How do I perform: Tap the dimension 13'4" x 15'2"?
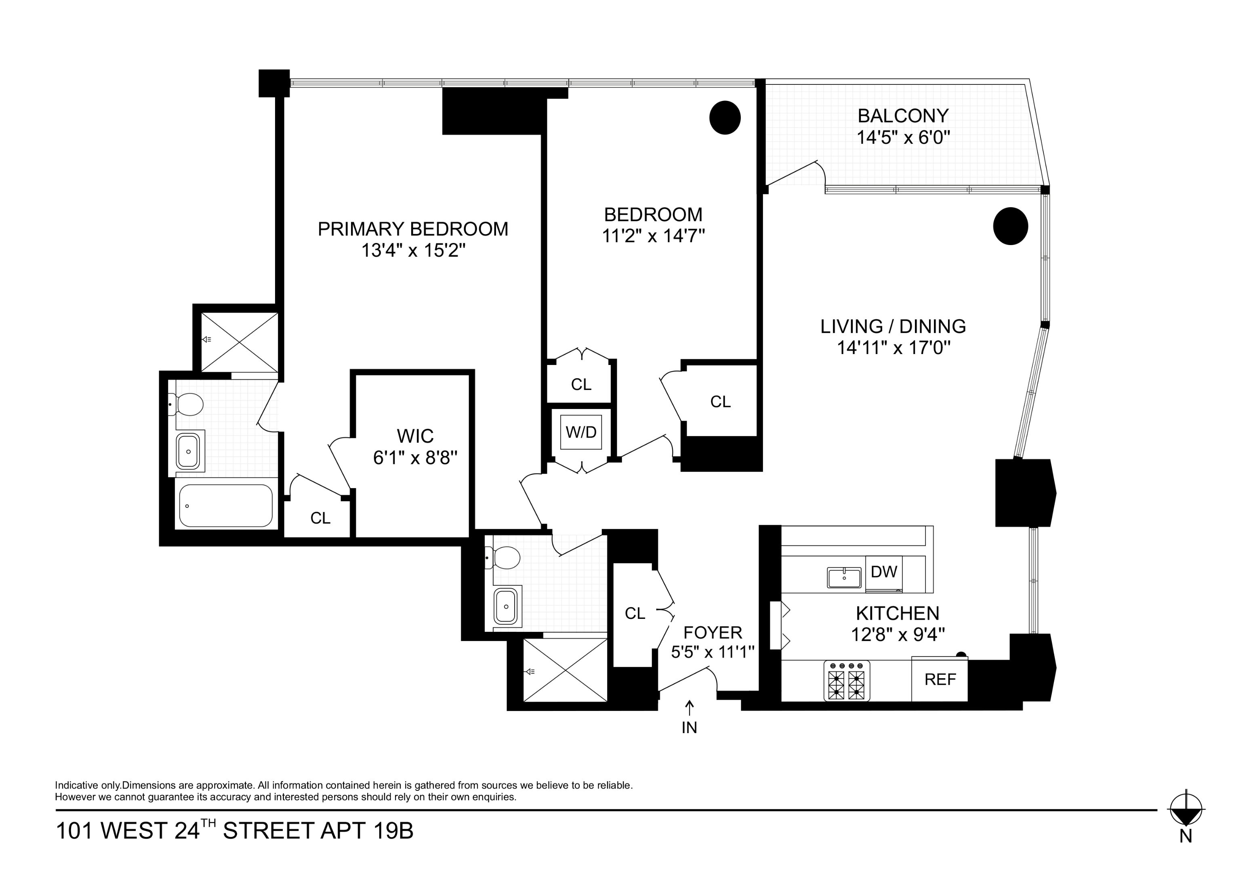tap(413, 250)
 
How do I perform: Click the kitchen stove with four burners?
tap(847, 681)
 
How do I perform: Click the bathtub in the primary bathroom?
tap(226, 505)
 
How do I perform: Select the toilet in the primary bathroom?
tap(187, 404)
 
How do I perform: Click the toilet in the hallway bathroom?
tap(504, 558)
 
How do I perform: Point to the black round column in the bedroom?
tap(725, 117)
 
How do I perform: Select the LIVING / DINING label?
tap(893, 326)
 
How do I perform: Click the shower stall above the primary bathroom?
tap(240, 342)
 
